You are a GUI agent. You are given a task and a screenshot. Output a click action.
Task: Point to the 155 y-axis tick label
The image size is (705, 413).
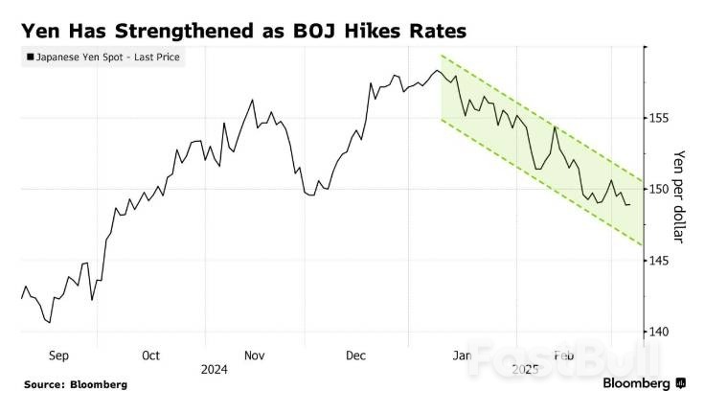(660, 118)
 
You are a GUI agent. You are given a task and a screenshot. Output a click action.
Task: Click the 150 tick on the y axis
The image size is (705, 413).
(660, 189)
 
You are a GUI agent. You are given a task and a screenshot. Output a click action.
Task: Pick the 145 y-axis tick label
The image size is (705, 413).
(660, 260)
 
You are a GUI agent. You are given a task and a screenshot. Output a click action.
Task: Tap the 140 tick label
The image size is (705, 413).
(660, 331)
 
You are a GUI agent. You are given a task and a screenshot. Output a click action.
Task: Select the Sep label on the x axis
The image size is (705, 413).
(58, 356)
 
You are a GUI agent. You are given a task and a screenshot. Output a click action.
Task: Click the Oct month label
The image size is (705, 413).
(150, 356)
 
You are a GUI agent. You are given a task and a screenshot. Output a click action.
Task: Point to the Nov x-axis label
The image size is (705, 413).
(254, 356)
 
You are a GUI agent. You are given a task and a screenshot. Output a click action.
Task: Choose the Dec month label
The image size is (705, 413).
(355, 356)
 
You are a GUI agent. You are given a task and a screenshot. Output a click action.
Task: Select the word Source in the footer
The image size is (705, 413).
(44, 384)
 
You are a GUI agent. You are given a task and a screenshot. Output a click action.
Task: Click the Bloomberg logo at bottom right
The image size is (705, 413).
(643, 383)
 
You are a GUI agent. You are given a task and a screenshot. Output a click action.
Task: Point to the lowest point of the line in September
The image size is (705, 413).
(49, 322)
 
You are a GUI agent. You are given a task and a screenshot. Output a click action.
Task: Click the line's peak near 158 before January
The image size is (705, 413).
(438, 70)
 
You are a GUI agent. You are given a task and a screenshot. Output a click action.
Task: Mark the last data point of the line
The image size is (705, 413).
(629, 205)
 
